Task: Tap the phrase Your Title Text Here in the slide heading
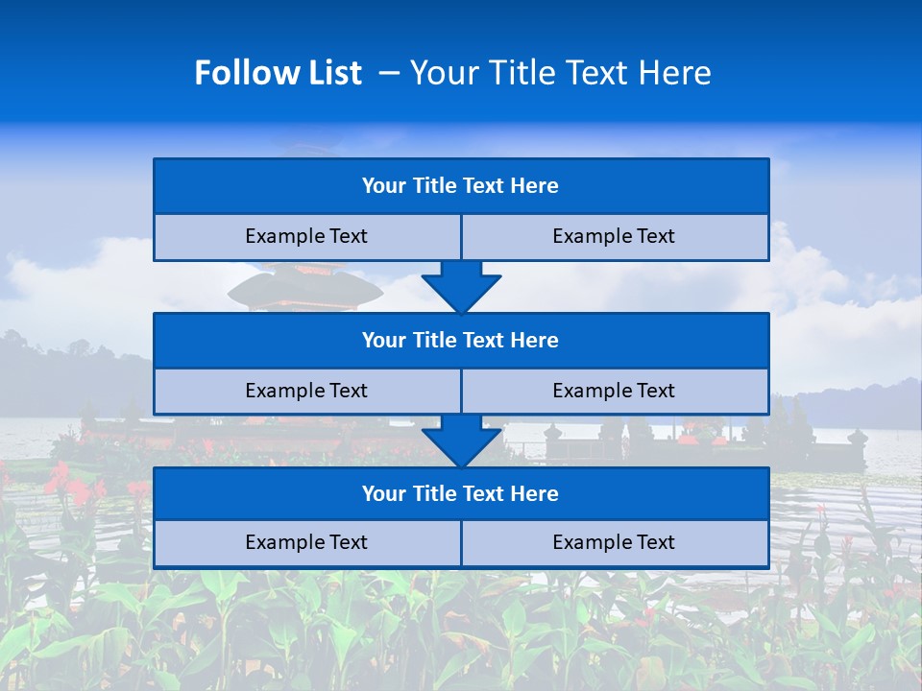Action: pos(561,73)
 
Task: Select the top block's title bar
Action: pos(461,186)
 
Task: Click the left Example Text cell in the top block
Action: pos(307,237)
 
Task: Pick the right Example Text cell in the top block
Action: pos(615,237)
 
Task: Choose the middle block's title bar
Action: pos(461,341)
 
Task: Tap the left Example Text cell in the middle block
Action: pos(307,392)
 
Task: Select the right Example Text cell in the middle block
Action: pos(615,392)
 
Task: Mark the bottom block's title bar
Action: pos(461,494)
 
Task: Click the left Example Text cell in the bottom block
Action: pos(307,543)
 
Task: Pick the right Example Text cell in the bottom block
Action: pos(615,543)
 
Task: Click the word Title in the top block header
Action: pos(434,186)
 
